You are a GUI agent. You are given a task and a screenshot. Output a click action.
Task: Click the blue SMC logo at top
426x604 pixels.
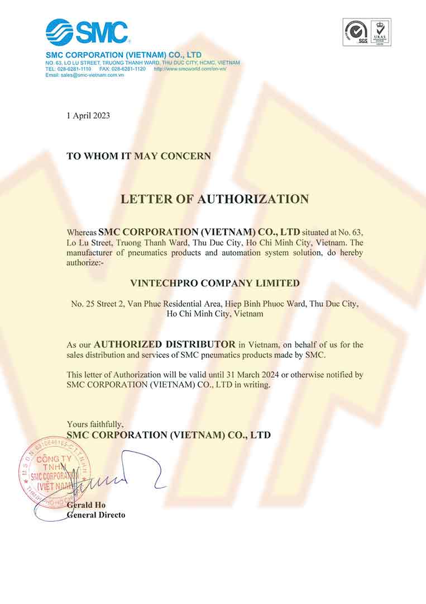[x=87, y=32]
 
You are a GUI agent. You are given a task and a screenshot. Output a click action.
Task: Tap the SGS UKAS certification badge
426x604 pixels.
[x=367, y=32]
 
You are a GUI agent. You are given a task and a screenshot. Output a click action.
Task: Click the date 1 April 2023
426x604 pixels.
[x=88, y=116]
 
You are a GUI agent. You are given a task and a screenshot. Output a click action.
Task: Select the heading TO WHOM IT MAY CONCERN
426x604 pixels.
[x=138, y=156]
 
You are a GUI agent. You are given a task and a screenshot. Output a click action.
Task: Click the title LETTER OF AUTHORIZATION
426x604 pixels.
[x=215, y=199]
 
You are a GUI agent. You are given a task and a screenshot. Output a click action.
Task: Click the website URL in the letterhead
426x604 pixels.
[x=190, y=69]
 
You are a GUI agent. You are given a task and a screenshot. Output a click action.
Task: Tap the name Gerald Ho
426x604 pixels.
[x=86, y=505]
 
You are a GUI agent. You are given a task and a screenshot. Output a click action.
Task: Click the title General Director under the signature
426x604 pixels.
[x=96, y=515]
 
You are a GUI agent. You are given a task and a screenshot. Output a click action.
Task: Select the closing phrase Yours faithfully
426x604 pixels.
[x=95, y=424]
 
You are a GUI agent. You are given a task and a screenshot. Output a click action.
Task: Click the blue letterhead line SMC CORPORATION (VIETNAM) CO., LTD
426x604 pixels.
[x=123, y=55]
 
